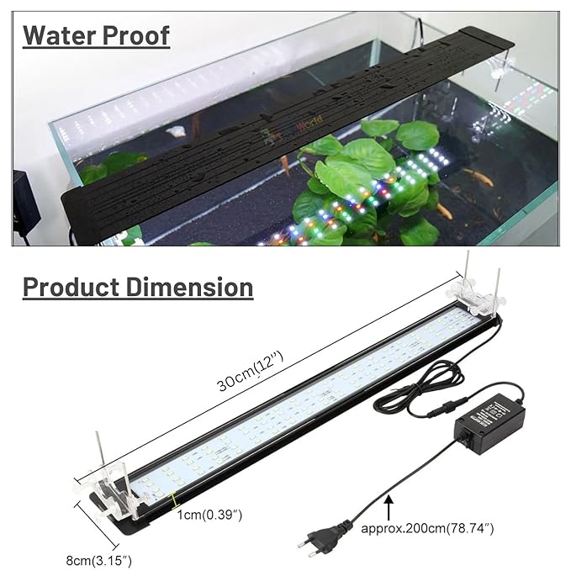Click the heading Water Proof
[x=96, y=35]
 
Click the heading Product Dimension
[x=138, y=286]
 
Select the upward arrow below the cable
[x=388, y=506]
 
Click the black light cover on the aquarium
[x=278, y=126]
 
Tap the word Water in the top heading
[x=57, y=35]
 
